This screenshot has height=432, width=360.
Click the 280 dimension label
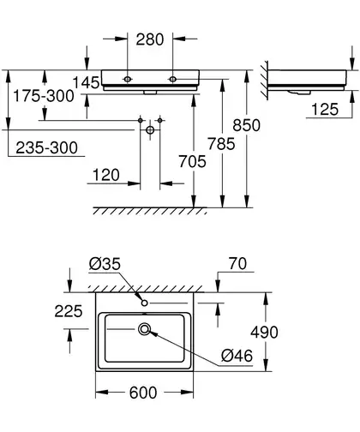150,39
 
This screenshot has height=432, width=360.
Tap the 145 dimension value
86,83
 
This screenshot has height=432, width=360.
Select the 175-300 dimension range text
44,96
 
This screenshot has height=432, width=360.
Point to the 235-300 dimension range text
46,147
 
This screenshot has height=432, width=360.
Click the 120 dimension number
106,175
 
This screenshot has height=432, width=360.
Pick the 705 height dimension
192,161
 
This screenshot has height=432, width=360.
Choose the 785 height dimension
221,144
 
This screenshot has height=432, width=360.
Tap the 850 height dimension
246,125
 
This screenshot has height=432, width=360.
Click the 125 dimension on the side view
325,110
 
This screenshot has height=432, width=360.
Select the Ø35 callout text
105,264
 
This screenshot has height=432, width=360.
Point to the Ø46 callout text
237,356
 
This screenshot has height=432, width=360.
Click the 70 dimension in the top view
237,264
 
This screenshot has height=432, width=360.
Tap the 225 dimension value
69,311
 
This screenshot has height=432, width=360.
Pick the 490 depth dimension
264,333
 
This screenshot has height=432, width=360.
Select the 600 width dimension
143,393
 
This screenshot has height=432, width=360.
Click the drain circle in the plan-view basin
145,329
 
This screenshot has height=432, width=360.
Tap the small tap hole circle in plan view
145,303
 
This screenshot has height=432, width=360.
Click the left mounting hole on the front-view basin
128,79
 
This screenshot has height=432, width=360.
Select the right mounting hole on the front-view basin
172,79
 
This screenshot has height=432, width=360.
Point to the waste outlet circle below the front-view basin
150,130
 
